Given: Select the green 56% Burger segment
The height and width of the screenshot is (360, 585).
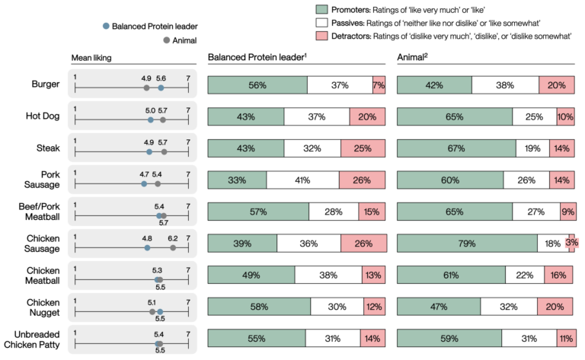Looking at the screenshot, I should (257, 84).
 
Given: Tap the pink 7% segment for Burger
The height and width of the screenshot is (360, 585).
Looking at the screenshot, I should (379, 84).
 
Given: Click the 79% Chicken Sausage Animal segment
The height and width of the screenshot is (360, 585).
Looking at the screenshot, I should (466, 244).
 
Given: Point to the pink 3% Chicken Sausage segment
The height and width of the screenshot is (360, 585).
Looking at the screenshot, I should (571, 244).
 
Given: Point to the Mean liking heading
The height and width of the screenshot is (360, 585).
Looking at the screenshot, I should (91, 58).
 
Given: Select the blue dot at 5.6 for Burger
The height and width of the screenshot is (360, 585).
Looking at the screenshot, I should (161, 88).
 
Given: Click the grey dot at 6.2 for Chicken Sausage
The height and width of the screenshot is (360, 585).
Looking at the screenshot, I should (173, 247).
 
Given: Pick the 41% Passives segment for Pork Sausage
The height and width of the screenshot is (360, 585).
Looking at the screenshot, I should (302, 180).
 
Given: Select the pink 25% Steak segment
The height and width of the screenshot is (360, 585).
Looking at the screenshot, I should (363, 148).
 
